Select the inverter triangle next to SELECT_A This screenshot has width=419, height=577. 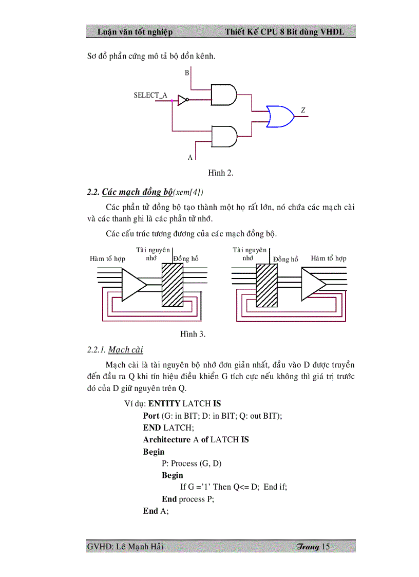click(182, 100)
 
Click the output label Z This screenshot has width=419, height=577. click(303, 110)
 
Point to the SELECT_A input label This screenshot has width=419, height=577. click(150, 95)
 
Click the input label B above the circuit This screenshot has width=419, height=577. click(187, 73)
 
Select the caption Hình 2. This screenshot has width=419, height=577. click(221, 173)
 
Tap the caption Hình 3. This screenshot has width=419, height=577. click(193, 334)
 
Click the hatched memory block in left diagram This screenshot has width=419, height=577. click(172, 286)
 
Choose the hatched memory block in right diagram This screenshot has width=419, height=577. click(267, 286)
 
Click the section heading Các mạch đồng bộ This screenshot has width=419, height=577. click(137, 192)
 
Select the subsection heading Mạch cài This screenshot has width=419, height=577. click(126, 350)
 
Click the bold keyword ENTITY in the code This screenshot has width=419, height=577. click(164, 404)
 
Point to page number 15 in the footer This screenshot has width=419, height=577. click(326, 547)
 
